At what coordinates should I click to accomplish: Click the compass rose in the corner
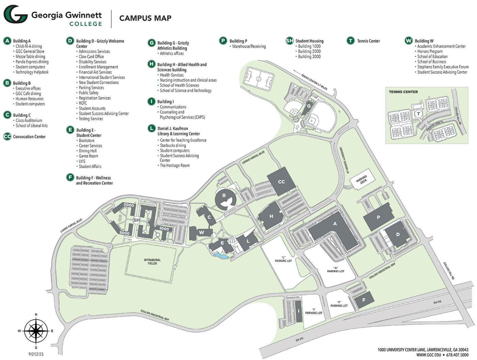36,331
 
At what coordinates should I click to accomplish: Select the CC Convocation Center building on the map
281,182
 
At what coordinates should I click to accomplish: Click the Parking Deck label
362,179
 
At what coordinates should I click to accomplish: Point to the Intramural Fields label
152,261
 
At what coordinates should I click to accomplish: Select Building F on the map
364,300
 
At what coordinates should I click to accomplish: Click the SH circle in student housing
137,220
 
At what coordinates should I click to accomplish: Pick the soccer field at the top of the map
259,79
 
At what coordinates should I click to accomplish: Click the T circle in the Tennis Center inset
418,114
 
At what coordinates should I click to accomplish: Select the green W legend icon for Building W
409,41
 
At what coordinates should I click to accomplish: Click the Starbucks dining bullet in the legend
173,145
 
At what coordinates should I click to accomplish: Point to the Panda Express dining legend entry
32,62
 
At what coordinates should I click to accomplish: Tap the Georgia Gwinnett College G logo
15,14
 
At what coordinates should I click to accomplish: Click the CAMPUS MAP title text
145,18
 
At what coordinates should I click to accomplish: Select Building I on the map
298,311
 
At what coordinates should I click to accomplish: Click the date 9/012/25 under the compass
36,354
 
